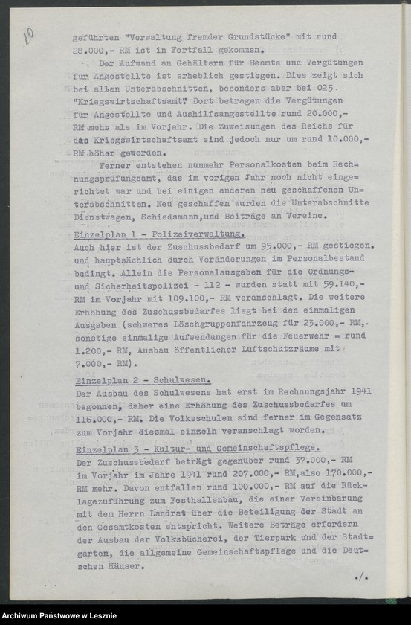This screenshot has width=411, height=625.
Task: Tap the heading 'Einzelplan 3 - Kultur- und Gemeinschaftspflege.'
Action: coord(198,448)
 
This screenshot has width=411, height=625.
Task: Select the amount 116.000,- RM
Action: coord(108,418)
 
